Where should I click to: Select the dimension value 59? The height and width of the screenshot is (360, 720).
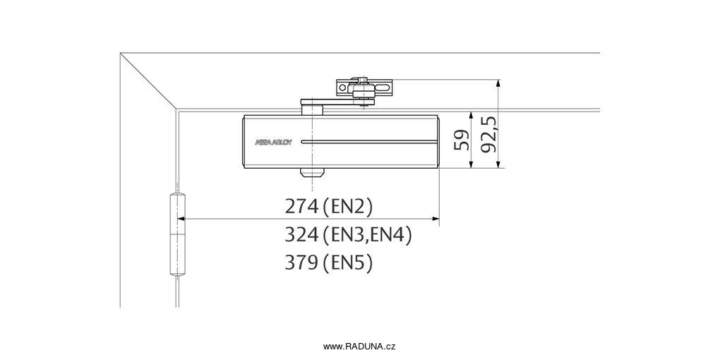461,140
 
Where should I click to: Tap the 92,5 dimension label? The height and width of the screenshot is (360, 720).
490,134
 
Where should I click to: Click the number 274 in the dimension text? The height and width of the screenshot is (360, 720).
301,207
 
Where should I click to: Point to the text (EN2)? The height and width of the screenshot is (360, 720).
347,207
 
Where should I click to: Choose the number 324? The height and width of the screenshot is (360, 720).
301,236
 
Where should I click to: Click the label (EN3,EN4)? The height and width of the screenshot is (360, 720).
367,236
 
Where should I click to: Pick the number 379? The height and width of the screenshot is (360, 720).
301,263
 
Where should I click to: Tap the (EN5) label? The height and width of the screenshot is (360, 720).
347,263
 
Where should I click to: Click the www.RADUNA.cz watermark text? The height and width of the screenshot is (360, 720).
359,347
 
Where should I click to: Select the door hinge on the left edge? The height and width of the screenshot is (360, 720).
177,234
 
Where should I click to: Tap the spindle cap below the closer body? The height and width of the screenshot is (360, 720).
312,173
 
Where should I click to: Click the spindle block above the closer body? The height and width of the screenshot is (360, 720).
312,109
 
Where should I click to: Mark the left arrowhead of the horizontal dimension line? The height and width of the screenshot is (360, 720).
182,220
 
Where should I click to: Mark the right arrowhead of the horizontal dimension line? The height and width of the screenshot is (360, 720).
436,220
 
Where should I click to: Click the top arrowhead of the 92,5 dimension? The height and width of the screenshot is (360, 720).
498,83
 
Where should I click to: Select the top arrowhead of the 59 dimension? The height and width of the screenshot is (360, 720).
471,116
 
